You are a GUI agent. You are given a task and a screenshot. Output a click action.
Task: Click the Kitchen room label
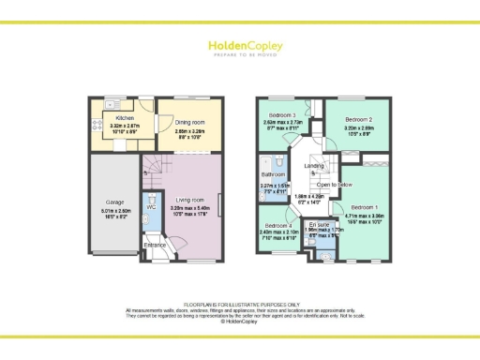pyautogui.click(x=124, y=118)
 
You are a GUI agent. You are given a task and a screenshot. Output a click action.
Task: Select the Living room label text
pyautogui.click(x=189, y=198)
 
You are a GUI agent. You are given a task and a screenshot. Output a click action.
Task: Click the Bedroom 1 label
pyautogui.click(x=365, y=205)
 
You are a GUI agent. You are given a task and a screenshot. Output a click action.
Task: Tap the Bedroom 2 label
pyautogui.click(x=359, y=120)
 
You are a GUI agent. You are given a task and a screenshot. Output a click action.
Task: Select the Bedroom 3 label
pyautogui.click(x=280, y=114)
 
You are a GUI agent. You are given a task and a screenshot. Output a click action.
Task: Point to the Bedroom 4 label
pyautogui.click(x=277, y=226)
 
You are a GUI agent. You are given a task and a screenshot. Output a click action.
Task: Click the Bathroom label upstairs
pyautogui.click(x=273, y=174)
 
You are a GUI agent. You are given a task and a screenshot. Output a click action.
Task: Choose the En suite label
pyautogui.click(x=318, y=225)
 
